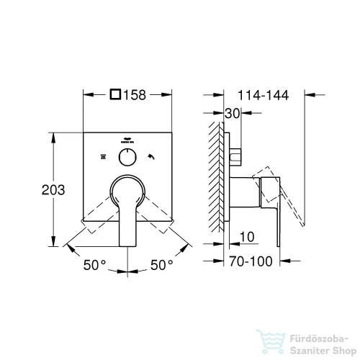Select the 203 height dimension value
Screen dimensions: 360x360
[34, 190]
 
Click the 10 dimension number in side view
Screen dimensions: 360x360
[246, 237]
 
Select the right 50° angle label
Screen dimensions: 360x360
[161, 265]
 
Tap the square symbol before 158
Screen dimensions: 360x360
[117, 94]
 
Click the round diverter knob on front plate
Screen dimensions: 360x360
[127, 157]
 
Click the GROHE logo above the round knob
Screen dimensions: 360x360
[127, 141]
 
